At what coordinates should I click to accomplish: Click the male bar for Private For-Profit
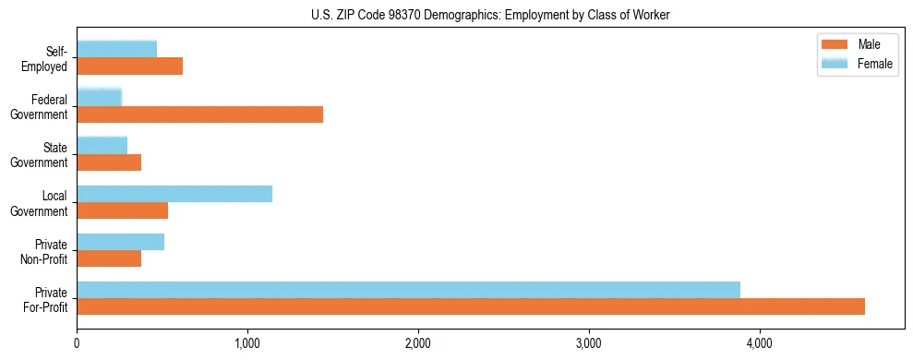[x=471, y=306]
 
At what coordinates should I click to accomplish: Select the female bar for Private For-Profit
[x=408, y=290]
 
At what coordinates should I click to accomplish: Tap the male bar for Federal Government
[x=199, y=114]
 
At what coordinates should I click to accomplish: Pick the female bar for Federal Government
[x=99, y=97]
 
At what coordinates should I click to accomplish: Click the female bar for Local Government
[x=174, y=194]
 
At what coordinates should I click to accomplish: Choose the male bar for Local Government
[x=122, y=210]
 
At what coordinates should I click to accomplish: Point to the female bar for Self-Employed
[x=116, y=49]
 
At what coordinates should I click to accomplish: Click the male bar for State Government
[x=109, y=162]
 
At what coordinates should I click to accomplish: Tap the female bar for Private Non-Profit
[x=120, y=242]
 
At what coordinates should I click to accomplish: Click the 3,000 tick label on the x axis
[x=589, y=343]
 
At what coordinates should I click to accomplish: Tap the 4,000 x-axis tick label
[x=760, y=343]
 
